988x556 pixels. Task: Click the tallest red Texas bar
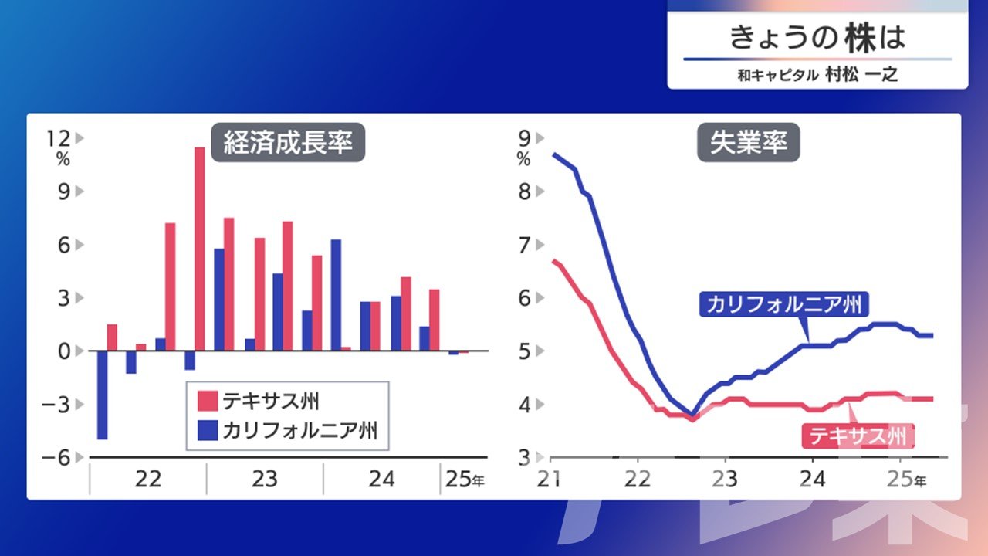pyautogui.click(x=199, y=249)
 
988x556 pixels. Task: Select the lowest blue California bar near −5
pyautogui.click(x=103, y=395)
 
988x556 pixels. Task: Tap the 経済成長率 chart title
pyautogui.click(x=288, y=143)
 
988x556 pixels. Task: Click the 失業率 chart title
pyautogui.click(x=749, y=143)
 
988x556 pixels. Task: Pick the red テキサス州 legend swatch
pyautogui.click(x=208, y=401)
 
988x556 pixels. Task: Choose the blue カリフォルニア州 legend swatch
pyautogui.click(x=208, y=430)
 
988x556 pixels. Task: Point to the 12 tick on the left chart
pyautogui.click(x=58, y=138)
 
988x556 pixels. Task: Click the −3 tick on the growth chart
pyautogui.click(x=56, y=405)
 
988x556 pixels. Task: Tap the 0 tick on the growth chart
pyautogui.click(x=64, y=351)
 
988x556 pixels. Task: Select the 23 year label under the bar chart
pyautogui.click(x=265, y=480)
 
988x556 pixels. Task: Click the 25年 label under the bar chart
pyautogui.click(x=465, y=480)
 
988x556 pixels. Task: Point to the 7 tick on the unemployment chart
pyautogui.click(x=524, y=246)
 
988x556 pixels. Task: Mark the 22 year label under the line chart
pyautogui.click(x=638, y=480)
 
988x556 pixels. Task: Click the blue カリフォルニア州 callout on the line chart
pyautogui.click(x=783, y=304)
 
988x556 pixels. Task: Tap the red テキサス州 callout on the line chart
pyautogui.click(x=858, y=436)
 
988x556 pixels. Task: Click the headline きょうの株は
pyautogui.click(x=817, y=38)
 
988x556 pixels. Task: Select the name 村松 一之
pyautogui.click(x=861, y=75)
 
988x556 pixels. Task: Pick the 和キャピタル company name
pyautogui.click(x=778, y=75)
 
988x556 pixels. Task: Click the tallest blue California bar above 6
pyautogui.click(x=336, y=295)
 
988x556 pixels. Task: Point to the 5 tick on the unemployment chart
pyautogui.click(x=524, y=351)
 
